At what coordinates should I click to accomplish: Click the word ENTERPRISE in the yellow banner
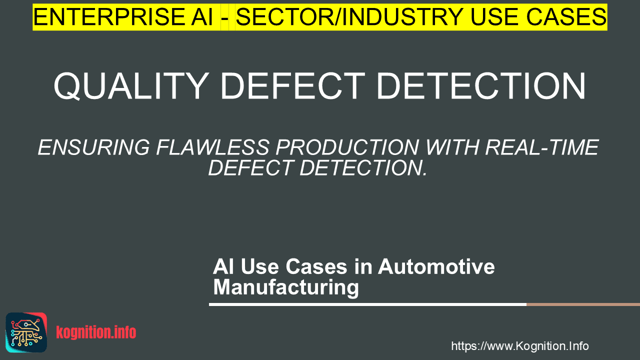point(123,17)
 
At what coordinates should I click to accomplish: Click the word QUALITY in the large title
point(131,86)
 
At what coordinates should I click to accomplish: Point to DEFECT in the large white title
point(293,86)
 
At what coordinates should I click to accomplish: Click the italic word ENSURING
point(94,147)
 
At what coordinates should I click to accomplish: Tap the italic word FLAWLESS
point(213,147)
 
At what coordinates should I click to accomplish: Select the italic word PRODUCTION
point(347,147)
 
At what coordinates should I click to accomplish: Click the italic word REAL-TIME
point(541,147)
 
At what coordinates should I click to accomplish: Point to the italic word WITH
point(452,147)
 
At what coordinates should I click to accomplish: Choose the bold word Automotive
point(436,266)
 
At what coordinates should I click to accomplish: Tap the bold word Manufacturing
point(286,287)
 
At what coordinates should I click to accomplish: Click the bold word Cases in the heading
point(316,266)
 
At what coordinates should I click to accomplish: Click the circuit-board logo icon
point(26,332)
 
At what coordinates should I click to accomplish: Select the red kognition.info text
point(96,332)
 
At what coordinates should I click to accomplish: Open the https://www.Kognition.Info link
point(520,346)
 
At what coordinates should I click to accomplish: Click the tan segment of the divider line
point(583,304)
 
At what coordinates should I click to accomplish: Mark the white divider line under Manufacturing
point(367,304)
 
